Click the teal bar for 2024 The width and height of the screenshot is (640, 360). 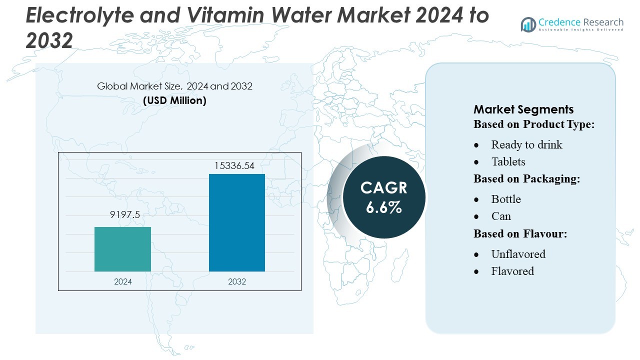[122, 249]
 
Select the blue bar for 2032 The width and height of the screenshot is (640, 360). [236, 222]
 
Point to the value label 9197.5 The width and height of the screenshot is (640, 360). [124, 214]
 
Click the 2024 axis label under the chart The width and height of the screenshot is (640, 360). [123, 281]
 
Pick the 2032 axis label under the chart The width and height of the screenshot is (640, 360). [237, 281]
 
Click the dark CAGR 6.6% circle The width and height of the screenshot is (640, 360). [384, 197]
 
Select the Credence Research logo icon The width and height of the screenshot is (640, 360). [528, 24]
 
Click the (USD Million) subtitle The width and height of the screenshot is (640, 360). [174, 100]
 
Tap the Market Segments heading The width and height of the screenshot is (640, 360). [523, 109]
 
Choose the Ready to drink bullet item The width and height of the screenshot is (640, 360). [526, 144]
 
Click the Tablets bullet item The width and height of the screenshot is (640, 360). [508, 161]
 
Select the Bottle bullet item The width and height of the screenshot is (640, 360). [506, 199]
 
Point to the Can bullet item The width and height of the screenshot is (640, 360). [501, 216]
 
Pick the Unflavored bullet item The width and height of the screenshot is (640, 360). [518, 254]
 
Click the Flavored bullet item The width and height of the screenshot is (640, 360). [512, 271]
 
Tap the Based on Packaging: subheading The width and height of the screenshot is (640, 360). [527, 179]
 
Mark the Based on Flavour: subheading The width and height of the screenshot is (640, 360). [520, 233]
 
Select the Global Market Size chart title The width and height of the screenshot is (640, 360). [174, 86]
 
